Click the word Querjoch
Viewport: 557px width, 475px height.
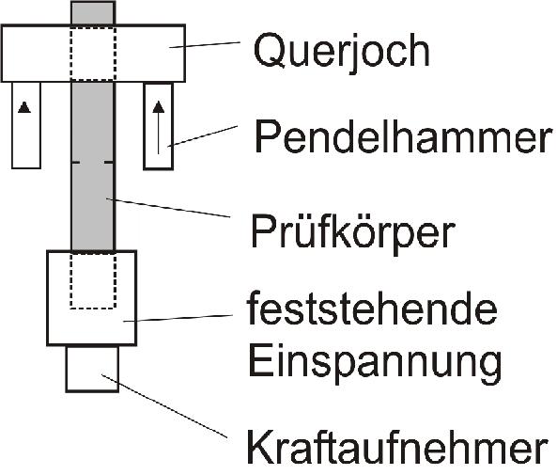pos(341,52)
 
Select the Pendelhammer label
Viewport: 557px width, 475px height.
pos(403,137)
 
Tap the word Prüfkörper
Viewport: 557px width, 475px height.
pos(352,232)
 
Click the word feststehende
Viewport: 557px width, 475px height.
pos(372,309)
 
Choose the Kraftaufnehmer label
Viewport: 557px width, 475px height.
pos(397,446)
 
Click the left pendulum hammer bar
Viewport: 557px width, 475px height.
pos(26,125)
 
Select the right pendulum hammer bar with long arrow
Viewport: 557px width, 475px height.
pos(159,126)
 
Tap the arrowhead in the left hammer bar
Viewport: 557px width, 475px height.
pos(24,107)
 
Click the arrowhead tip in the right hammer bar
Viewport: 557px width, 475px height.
pos(159,102)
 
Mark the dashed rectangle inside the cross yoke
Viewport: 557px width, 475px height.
pos(93,54)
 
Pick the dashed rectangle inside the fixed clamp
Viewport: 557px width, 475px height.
pos(93,280)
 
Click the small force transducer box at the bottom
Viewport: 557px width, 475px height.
pos(92,369)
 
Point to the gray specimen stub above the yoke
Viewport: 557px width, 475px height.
pos(93,13)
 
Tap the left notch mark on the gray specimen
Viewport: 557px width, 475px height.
pos(76,163)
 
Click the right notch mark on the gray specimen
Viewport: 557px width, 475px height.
pos(109,163)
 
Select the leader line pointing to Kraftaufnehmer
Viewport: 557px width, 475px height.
pos(164,406)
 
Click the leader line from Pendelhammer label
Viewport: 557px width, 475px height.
pos(202,136)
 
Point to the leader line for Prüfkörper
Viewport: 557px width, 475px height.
pos(168,208)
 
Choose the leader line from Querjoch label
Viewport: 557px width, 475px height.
pos(205,44)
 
